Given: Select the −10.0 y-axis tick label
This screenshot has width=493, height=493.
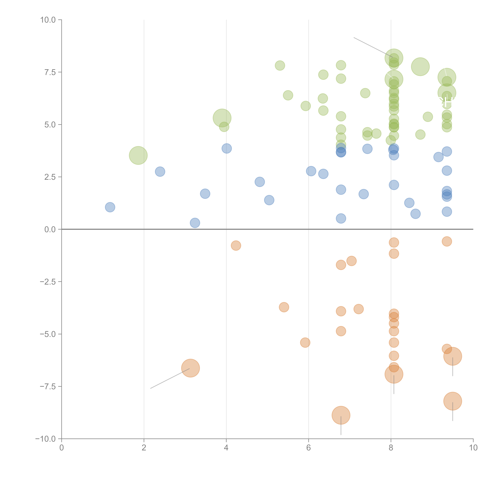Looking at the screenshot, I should (45, 439).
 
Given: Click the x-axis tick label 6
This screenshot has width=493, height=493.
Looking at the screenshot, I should (309, 448).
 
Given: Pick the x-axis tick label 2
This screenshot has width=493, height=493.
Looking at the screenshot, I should (144, 448).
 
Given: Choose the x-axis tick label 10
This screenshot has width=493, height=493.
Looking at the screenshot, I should (473, 448).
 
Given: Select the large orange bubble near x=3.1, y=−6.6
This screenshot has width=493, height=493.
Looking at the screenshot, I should (190, 368).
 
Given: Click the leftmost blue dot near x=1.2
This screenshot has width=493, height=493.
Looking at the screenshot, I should (110, 207).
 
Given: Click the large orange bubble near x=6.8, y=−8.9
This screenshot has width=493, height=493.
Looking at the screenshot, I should (341, 415).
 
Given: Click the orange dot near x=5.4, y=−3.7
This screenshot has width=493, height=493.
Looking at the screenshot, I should (284, 307).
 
